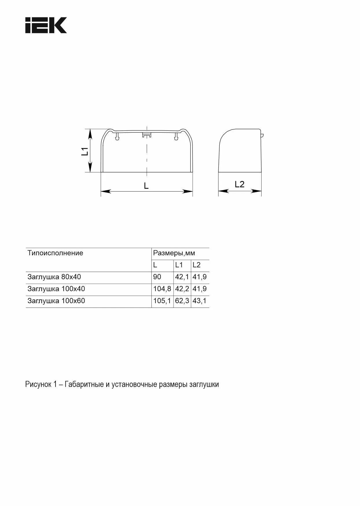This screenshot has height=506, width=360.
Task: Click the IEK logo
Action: (x=46, y=25)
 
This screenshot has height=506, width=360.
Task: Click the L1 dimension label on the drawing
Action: (x=85, y=151)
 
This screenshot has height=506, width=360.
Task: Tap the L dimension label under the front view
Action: (x=146, y=186)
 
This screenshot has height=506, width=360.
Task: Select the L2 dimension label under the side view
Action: (x=240, y=184)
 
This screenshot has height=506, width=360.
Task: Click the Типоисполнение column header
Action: (x=55, y=253)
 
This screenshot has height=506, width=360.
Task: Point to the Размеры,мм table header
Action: (x=174, y=253)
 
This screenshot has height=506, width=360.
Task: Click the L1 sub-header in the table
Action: (x=179, y=265)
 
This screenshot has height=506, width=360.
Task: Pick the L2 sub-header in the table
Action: (x=196, y=265)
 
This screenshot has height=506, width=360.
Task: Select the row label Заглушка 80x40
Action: (x=54, y=277)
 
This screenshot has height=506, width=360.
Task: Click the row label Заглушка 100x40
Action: (x=56, y=289)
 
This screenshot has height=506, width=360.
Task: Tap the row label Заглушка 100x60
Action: (x=56, y=301)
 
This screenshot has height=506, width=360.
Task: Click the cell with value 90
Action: (x=157, y=277)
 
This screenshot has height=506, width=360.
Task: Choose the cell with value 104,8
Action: (x=162, y=289)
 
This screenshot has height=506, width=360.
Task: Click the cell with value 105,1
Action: (x=162, y=301)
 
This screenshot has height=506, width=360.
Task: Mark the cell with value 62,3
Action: (x=182, y=301)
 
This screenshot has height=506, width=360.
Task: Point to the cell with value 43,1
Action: (x=200, y=301)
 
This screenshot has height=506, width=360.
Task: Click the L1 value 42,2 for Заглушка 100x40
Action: (x=182, y=289)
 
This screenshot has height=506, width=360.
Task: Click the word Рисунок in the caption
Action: (x=38, y=384)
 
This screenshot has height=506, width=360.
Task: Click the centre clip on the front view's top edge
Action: (x=147, y=135)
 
